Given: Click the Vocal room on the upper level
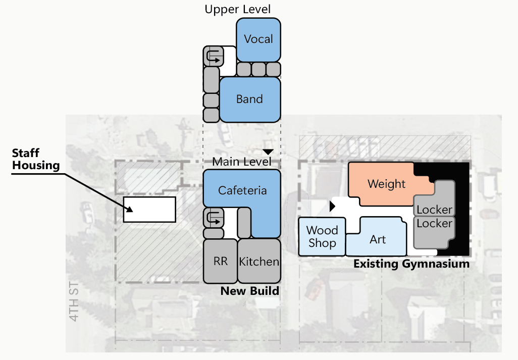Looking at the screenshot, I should [x=258, y=39].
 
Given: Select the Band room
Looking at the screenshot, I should [x=249, y=99].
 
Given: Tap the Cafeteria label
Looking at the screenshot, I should [x=242, y=190].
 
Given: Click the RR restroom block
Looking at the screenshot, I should [x=220, y=261].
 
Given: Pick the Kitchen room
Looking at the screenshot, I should [x=259, y=261].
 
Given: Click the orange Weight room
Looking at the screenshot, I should [x=386, y=184].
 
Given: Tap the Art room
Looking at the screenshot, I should [x=378, y=239].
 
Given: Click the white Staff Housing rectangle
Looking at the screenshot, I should [x=149, y=210].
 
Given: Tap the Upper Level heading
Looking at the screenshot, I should [x=237, y=9].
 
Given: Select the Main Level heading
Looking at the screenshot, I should [x=241, y=162].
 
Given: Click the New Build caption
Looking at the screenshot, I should [x=249, y=291].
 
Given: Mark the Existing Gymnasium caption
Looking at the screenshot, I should [x=411, y=264].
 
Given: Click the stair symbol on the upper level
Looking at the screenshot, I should [x=213, y=56].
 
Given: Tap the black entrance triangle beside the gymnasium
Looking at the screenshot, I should [x=332, y=207].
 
